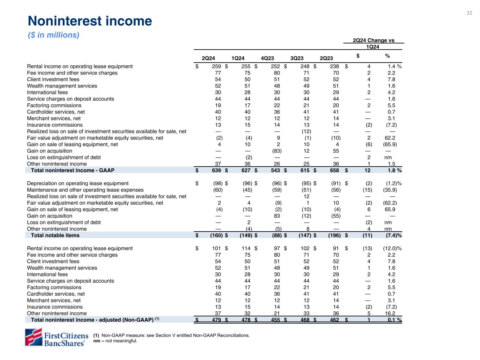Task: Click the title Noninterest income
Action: (x=90, y=21)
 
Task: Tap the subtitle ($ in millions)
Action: (x=53, y=35)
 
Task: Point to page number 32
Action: (x=469, y=13)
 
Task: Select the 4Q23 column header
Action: (x=267, y=58)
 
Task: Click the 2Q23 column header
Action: (x=326, y=58)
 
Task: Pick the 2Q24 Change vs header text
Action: (x=373, y=40)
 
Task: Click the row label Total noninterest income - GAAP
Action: (x=72, y=171)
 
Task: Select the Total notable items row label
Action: (x=55, y=236)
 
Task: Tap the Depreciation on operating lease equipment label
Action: (x=78, y=184)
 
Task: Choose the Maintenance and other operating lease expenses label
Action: (x=85, y=190)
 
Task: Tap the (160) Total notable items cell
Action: (x=215, y=236)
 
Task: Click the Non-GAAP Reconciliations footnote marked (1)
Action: (x=171, y=335)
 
